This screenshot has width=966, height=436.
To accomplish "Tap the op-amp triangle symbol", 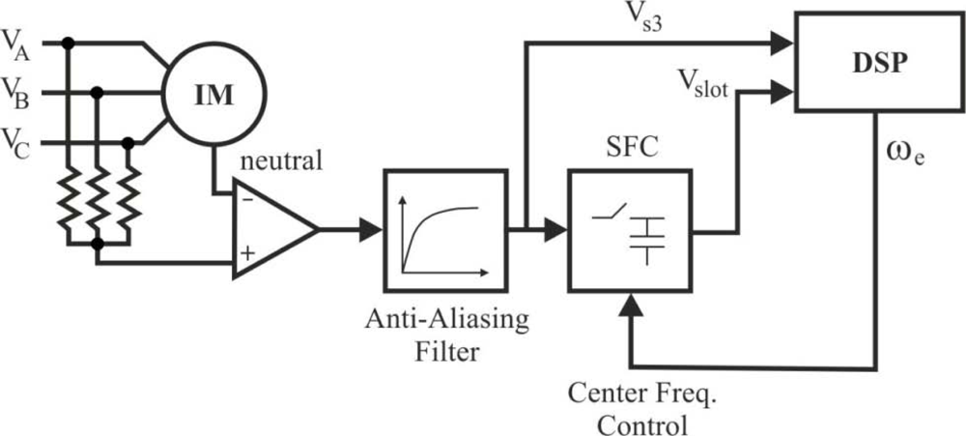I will [270, 230].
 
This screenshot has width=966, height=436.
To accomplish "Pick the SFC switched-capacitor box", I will [629, 230].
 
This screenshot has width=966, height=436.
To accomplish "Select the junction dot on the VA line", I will [68, 43].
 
